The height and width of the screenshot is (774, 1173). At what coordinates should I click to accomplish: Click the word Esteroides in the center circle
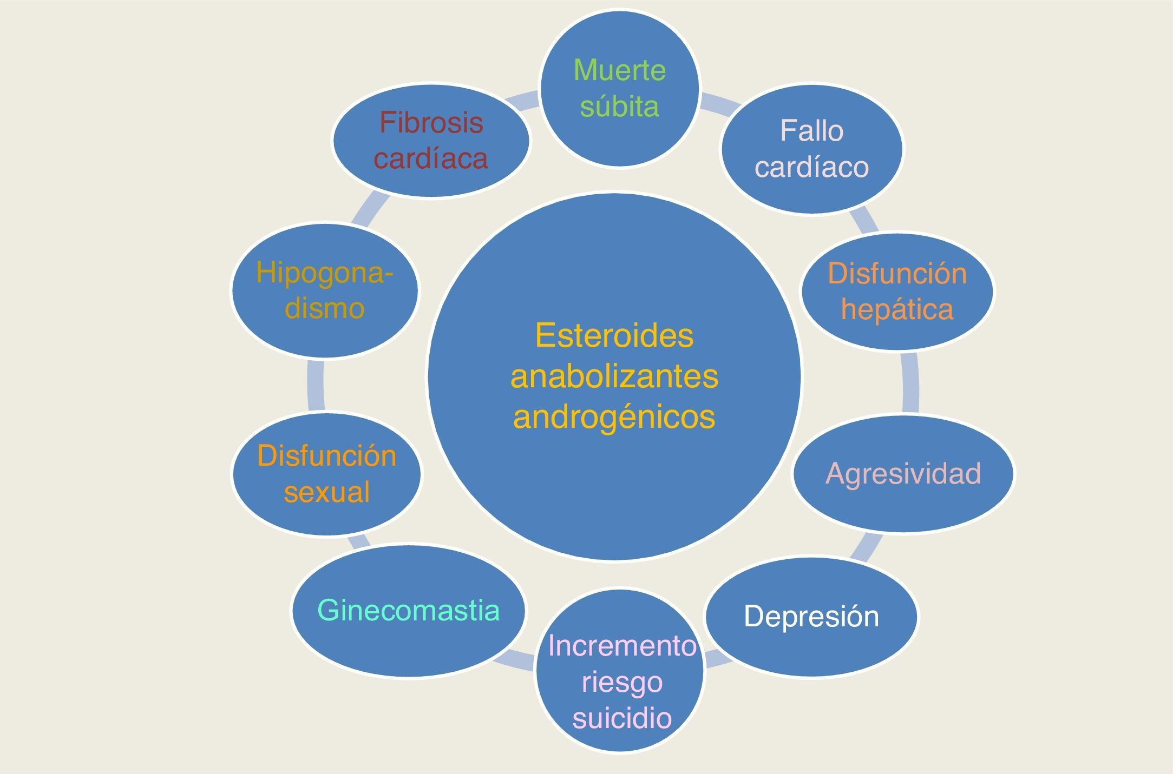pyautogui.click(x=614, y=335)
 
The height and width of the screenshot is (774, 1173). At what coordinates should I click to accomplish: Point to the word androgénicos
pyautogui.click(x=614, y=416)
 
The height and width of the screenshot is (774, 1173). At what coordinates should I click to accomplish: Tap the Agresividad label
pyautogui.click(x=903, y=474)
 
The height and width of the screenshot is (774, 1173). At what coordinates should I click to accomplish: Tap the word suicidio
pyautogui.click(x=621, y=718)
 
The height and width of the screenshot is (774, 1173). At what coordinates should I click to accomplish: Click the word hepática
pyautogui.click(x=897, y=309)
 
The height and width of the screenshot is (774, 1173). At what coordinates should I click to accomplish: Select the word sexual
pyautogui.click(x=326, y=492)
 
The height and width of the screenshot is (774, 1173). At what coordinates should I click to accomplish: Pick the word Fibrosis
pyautogui.click(x=431, y=122)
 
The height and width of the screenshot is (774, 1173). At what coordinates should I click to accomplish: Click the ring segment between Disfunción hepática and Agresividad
pyautogui.click(x=910, y=383)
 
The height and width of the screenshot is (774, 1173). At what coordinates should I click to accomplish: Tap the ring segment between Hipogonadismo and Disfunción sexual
pyautogui.click(x=316, y=385)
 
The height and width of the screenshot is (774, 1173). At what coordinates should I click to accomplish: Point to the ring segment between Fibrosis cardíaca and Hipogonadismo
pyautogui.click(x=370, y=208)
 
